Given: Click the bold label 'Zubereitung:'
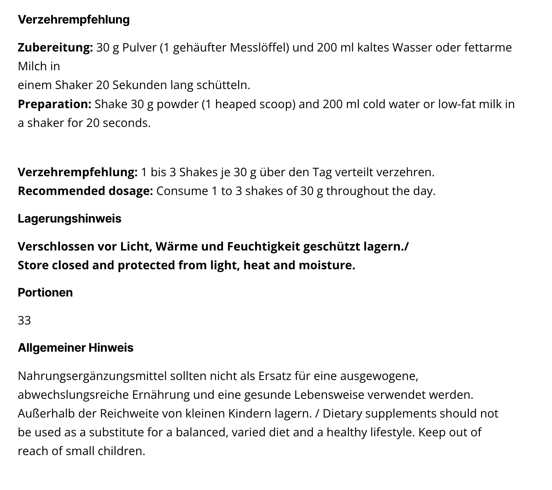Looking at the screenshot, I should coord(55,48).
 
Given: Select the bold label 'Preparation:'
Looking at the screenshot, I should coord(54,104).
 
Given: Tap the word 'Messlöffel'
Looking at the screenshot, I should coord(259,48).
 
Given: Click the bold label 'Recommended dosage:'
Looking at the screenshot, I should coord(85,191).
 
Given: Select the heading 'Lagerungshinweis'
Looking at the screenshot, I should coord(70,219).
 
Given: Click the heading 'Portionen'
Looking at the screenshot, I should coord(45,292).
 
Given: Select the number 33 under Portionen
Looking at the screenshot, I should coord(24,320).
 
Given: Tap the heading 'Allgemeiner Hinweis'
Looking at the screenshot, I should coord(75,348).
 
